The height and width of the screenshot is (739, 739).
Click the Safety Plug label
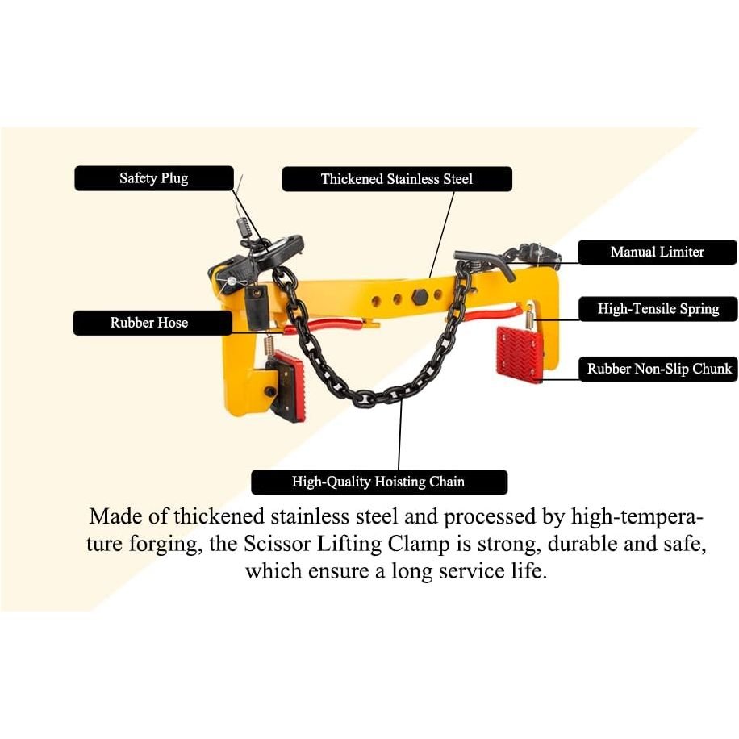(x=153, y=178)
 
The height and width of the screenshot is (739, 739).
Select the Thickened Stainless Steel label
(x=397, y=179)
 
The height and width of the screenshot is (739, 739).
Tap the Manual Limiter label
(x=658, y=252)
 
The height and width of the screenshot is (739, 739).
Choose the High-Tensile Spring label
(x=658, y=309)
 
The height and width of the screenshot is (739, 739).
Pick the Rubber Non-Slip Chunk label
(x=659, y=369)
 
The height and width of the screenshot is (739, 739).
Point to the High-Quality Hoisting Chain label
(x=379, y=482)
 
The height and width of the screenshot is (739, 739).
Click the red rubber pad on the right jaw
(x=520, y=352)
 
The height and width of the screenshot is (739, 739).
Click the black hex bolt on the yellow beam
(x=419, y=297)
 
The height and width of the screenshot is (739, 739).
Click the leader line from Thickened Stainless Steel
(x=442, y=234)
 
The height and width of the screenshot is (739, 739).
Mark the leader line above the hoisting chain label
(x=399, y=435)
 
